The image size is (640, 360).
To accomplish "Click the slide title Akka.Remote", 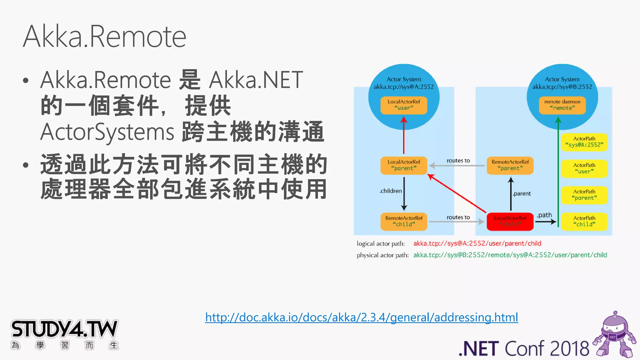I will [x=105, y=37].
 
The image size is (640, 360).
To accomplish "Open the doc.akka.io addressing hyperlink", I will [x=362, y=317].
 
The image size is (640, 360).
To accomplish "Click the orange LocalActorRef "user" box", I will [x=404, y=105].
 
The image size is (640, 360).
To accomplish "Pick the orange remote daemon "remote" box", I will [x=562, y=105].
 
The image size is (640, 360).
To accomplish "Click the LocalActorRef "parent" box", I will [x=404, y=165].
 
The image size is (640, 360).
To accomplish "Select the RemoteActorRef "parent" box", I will [x=510, y=165].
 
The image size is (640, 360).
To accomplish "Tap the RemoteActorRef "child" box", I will [x=404, y=221].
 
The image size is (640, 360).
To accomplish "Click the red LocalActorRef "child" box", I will [x=510, y=221].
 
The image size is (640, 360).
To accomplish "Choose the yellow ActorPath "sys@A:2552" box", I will [x=584, y=142].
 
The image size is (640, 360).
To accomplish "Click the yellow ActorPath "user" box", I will [x=584, y=168].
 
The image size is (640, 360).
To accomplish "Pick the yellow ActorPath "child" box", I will [x=584, y=221].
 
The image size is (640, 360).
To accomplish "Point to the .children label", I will [x=391, y=191].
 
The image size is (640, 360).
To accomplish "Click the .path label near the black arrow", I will [x=544, y=215].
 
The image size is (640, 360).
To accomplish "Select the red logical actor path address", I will [x=477, y=243].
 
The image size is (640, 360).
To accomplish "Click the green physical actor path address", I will [x=510, y=255].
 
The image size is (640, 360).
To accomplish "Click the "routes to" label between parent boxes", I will [x=458, y=161].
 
